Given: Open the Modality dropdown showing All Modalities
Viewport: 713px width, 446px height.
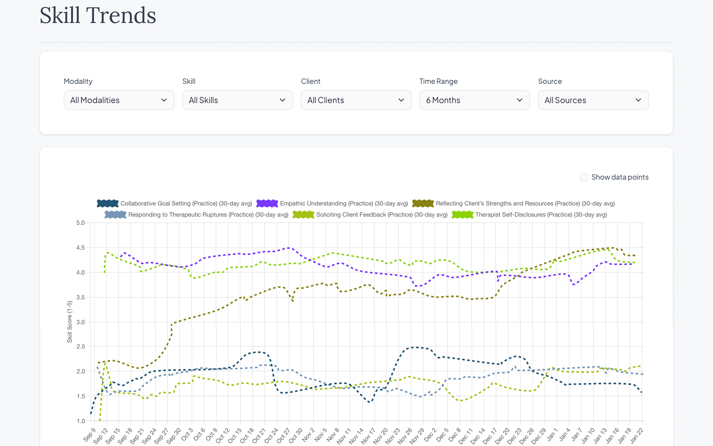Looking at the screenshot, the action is tap(119, 100).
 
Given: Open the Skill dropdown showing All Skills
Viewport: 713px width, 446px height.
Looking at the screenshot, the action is tap(237, 100).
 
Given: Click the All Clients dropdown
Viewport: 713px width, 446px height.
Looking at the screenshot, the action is tap(356, 100).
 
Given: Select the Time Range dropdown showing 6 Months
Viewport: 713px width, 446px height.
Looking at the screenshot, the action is tap(475, 100).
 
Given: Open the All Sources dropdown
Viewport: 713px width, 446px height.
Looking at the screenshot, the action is tap(593, 100).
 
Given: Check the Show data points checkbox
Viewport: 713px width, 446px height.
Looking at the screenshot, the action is tap(584, 177).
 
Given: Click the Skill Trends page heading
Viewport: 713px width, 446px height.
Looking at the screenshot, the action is tap(98, 15).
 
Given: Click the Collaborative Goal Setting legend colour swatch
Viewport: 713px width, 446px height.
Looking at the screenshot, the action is tap(108, 203).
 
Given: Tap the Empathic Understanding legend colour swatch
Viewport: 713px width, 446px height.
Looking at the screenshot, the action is tap(267, 203).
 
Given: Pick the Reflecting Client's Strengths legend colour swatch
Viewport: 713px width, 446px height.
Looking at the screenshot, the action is tap(423, 203).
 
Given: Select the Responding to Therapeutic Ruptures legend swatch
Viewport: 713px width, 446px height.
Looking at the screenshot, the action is tap(116, 214).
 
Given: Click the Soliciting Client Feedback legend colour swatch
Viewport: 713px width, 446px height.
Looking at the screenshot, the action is tap(303, 214).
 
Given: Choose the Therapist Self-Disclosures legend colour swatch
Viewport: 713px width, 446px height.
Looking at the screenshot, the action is tap(462, 214).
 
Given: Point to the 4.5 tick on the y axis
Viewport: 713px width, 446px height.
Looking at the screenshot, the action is tap(81, 248).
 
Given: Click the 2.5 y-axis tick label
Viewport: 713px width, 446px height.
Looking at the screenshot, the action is tap(81, 346).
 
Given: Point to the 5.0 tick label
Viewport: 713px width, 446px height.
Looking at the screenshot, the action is tap(81, 223).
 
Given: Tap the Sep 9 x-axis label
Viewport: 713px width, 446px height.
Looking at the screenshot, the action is tap(89, 435).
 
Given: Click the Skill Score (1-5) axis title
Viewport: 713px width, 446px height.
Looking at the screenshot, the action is tap(70, 322).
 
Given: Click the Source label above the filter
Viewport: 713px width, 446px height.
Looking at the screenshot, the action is tap(550, 81).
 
